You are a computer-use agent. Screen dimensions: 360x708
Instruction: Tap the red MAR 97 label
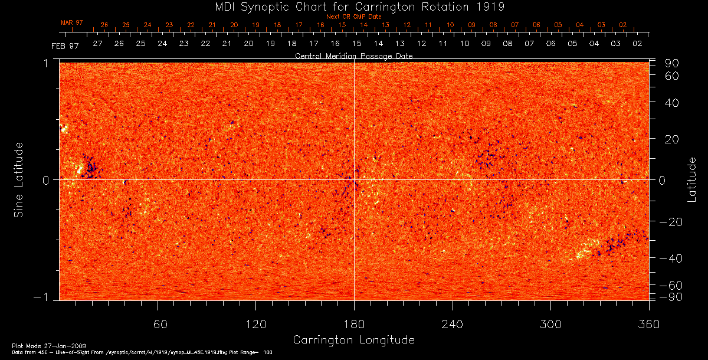(x=72, y=22)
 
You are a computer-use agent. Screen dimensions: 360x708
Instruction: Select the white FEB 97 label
(x=65, y=45)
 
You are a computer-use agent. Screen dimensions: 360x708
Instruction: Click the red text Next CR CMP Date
(x=354, y=17)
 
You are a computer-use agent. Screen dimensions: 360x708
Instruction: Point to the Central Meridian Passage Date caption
(x=354, y=55)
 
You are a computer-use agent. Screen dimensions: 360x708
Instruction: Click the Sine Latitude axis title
(x=19, y=179)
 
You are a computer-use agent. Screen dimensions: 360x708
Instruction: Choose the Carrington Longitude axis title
(x=354, y=340)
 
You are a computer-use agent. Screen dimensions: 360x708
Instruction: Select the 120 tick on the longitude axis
(x=255, y=325)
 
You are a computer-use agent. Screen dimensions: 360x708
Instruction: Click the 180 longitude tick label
(x=354, y=325)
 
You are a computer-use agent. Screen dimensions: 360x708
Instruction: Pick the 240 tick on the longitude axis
(x=453, y=325)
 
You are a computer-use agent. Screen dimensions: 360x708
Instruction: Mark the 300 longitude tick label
(x=550, y=325)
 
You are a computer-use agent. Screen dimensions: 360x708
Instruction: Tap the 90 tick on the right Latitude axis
(x=674, y=63)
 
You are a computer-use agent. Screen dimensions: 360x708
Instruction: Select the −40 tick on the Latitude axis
(x=671, y=258)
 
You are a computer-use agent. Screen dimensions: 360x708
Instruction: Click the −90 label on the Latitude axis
(x=671, y=296)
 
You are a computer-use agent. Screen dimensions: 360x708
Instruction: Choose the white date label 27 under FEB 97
(x=97, y=44)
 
